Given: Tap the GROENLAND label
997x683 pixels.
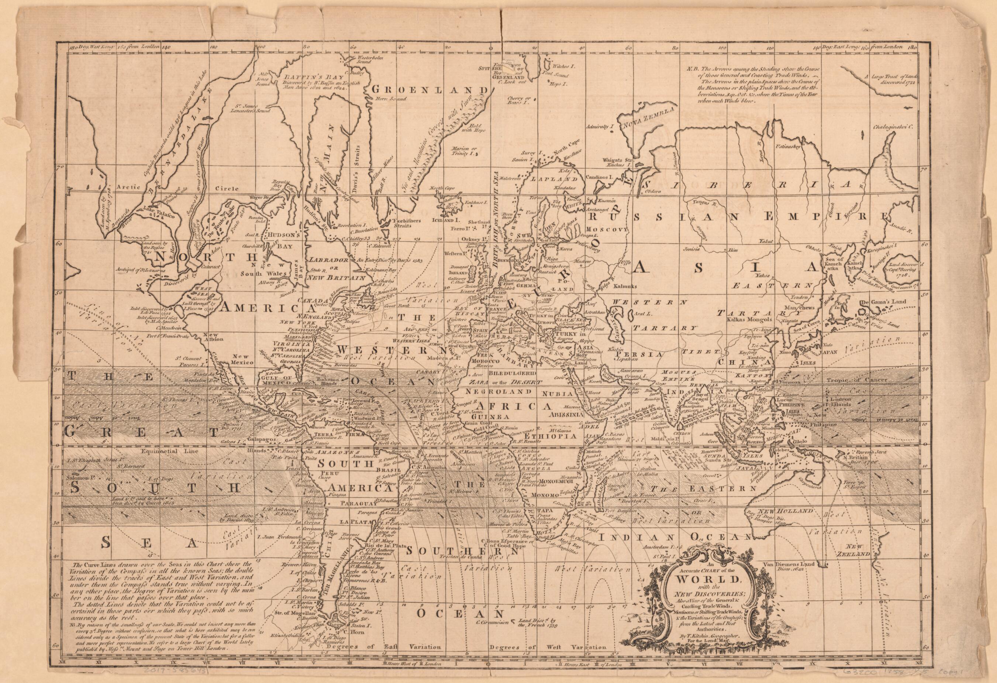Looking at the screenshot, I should point(430,90).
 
